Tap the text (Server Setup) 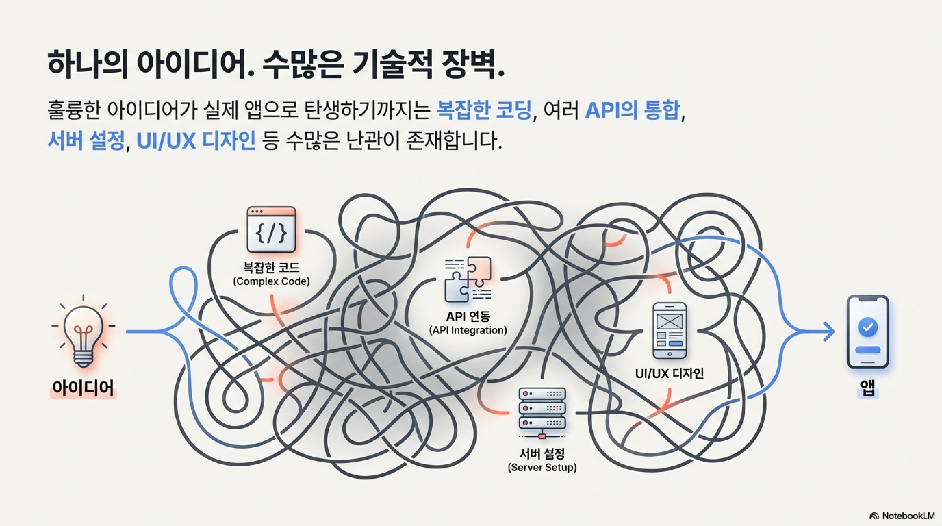coord(542,467)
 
